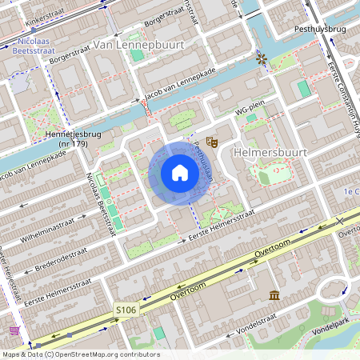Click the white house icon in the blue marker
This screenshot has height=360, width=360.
tap(180, 173)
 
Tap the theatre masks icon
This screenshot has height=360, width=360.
tap(212, 142)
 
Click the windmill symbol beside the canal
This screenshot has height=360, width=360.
tap(261, 58)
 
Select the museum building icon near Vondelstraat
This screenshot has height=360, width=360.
tap(274, 297)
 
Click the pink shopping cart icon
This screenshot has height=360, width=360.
tap(14, 330)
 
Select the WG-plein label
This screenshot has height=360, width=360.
tap(250, 113)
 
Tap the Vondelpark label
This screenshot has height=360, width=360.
tap(337, 328)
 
